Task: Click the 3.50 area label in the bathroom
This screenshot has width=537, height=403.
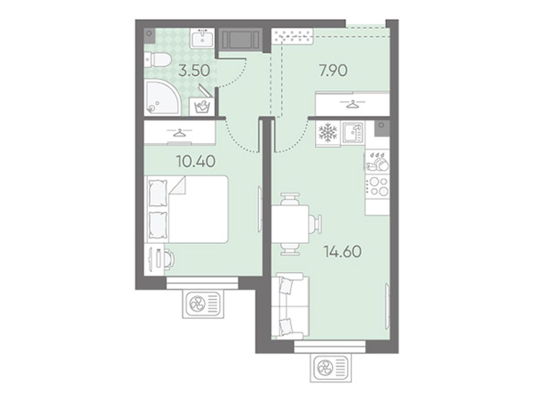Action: click(194, 71)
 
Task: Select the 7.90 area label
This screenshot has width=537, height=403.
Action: click(333, 71)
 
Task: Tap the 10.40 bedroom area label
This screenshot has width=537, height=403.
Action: click(196, 162)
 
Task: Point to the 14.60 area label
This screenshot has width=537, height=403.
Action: click(342, 251)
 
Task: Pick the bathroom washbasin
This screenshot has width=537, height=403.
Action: click(203, 38)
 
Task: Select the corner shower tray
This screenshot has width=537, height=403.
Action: click(162, 98)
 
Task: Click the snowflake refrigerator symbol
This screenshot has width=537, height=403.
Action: click(327, 134)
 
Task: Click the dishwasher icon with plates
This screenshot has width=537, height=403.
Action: click(377, 162)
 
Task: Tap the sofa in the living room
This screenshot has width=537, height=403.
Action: click(290, 308)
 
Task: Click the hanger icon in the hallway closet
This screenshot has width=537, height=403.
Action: click(352, 104)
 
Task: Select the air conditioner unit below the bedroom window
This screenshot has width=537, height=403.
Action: click(203, 304)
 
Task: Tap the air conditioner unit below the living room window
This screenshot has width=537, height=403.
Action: click(331, 367)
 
